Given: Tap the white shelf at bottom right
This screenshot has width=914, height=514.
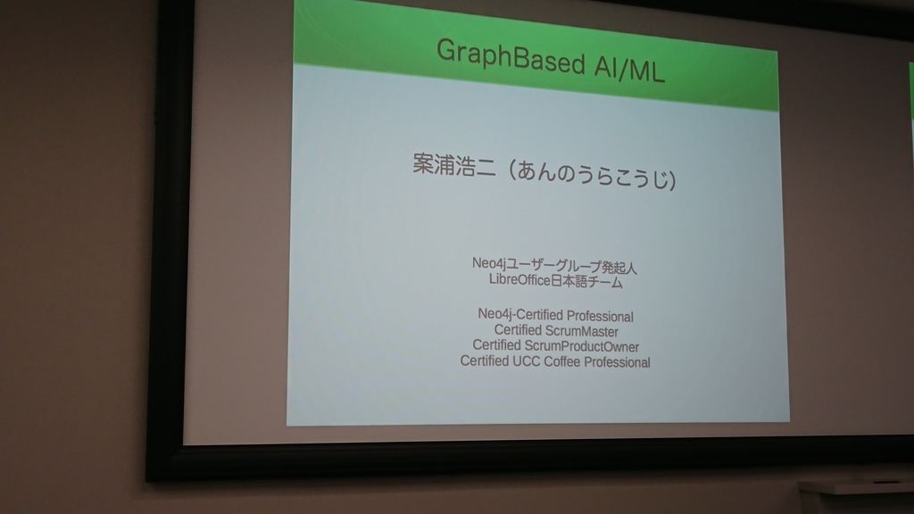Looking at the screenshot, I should click(x=857, y=486).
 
